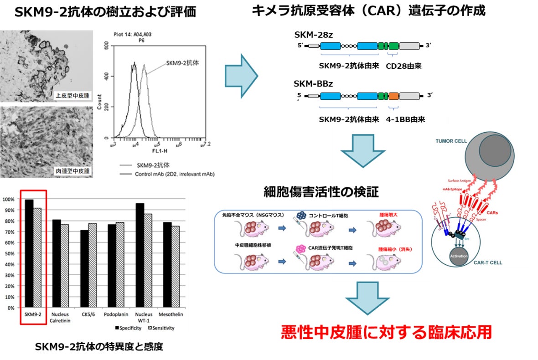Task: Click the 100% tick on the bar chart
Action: (10, 199)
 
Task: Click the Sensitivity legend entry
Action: (161, 328)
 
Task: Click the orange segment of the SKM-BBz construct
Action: (394, 96)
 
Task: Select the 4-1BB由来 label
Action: (404, 119)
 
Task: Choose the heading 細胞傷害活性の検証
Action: (321, 192)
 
